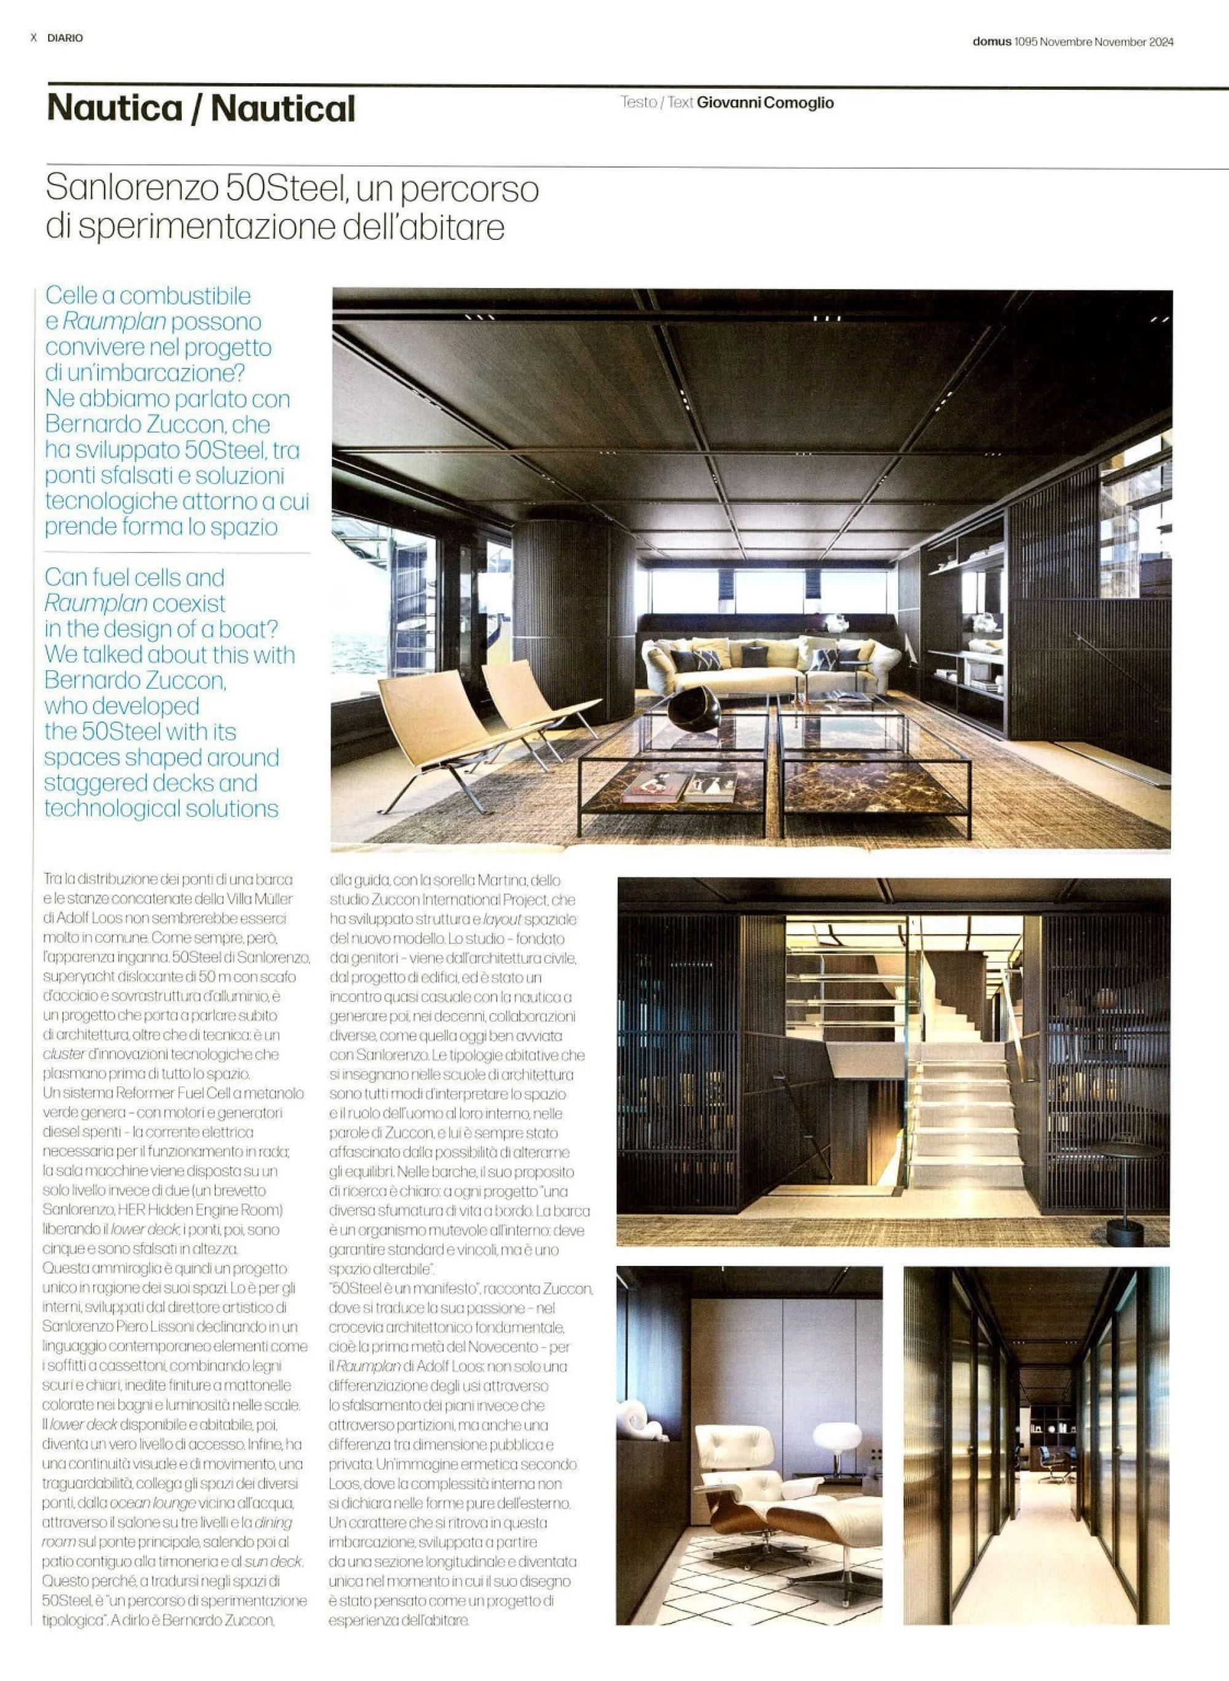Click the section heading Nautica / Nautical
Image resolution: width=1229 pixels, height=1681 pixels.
(201, 109)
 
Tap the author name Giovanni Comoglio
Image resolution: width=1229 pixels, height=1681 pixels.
(765, 103)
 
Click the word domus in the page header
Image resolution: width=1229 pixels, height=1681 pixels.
(992, 42)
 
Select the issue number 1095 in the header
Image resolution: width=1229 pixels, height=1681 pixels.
(1025, 42)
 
